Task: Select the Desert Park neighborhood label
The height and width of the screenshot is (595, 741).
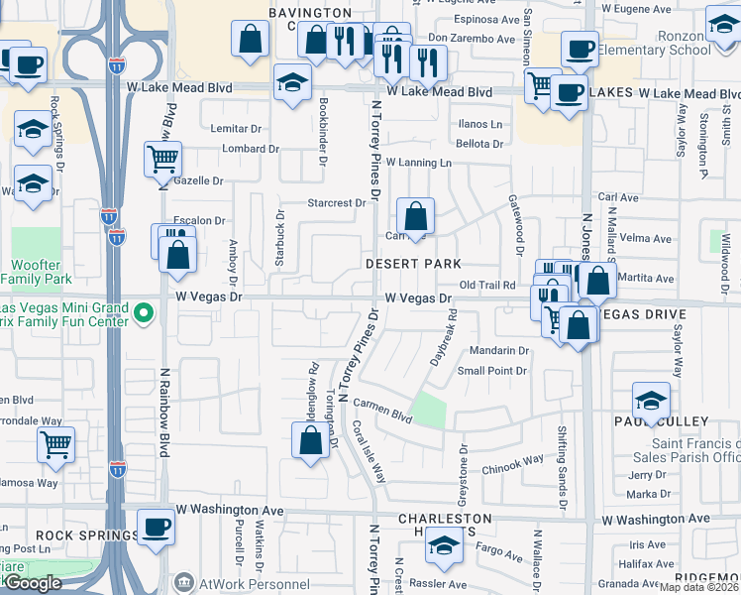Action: coord(413,264)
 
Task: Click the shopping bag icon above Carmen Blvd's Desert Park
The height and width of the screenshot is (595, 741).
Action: coord(416,216)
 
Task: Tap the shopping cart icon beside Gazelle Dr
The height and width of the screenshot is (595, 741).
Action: coord(162,159)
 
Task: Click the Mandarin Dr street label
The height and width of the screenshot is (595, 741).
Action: coord(499,350)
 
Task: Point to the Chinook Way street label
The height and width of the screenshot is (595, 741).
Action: coord(513,459)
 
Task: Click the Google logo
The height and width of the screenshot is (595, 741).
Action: coord(33,583)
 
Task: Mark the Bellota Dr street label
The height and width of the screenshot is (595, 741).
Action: coord(479,144)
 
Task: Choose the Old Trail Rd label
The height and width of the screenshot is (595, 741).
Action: coord(486,285)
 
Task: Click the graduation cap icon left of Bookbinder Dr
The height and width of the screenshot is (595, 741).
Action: coord(291,83)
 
